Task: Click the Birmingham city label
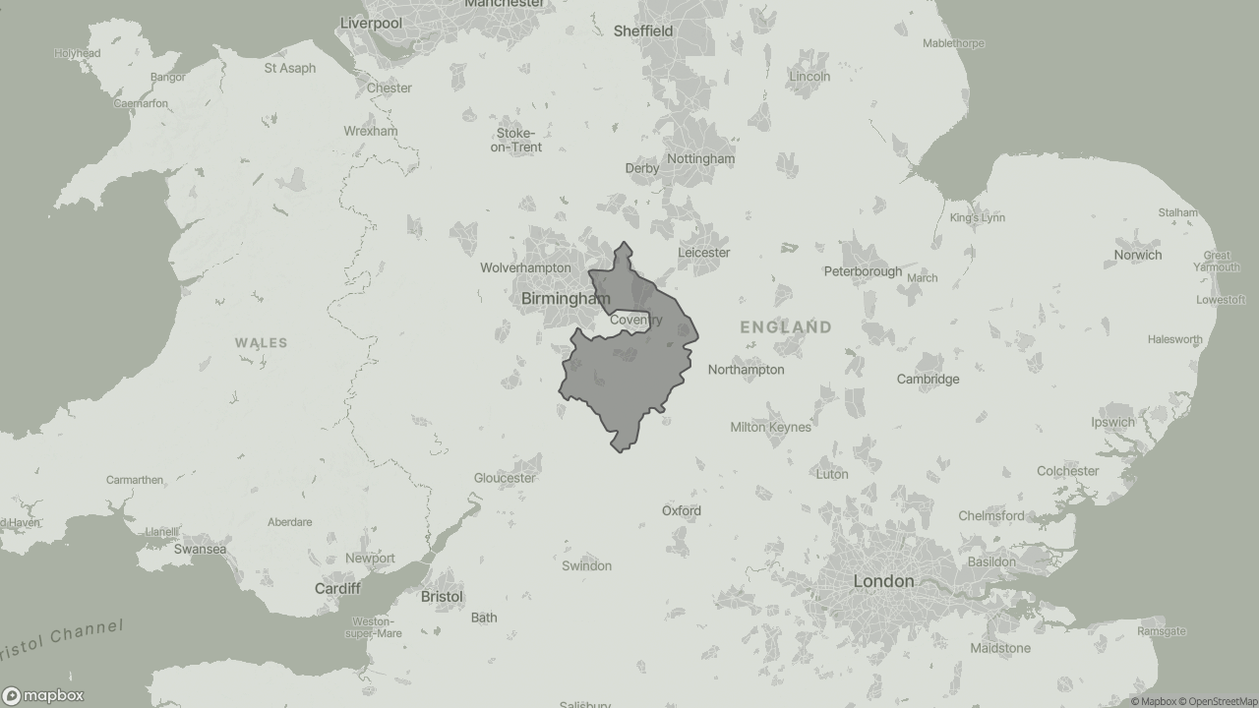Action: click(566, 298)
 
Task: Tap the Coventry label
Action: click(635, 320)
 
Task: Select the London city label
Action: click(883, 581)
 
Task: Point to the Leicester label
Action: click(703, 253)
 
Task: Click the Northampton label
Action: click(746, 370)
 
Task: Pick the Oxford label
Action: click(681, 510)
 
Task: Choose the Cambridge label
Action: click(927, 379)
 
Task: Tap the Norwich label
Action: click(1137, 255)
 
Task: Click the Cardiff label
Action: click(337, 588)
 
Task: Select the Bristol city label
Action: click(441, 597)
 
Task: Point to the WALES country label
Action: click(261, 343)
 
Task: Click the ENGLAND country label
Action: click(786, 326)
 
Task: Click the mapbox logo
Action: click(43, 695)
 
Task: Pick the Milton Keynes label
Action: click(770, 427)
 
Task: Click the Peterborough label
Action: click(863, 271)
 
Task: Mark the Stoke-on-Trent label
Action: click(516, 141)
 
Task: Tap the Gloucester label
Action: click(505, 478)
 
